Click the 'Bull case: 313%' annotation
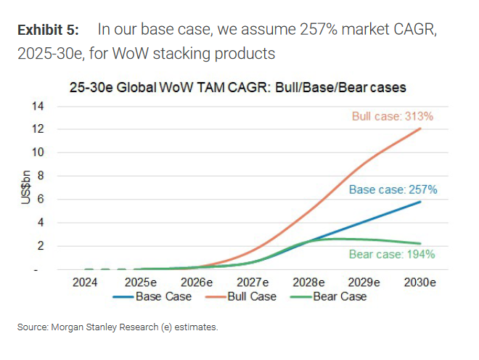(x=393, y=116)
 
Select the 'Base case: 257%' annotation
(x=393, y=190)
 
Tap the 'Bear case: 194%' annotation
(x=392, y=254)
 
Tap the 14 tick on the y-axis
(x=39, y=106)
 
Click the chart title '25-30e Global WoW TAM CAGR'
(x=238, y=87)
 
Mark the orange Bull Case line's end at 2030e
(x=421, y=128)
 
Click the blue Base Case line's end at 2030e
(x=421, y=201)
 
